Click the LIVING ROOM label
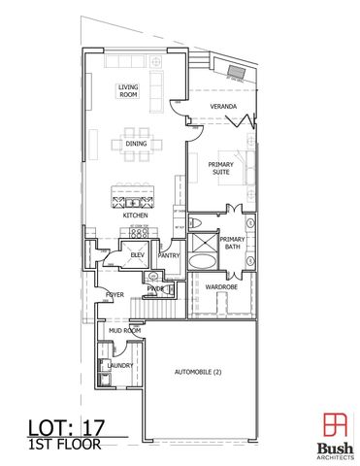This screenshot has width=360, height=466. [129, 92]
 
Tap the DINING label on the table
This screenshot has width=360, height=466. [135, 146]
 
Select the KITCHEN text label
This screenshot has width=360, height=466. [134, 216]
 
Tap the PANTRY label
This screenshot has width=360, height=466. [169, 255]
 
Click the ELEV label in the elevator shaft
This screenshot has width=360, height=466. [124, 255]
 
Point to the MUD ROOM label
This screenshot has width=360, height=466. [124, 331]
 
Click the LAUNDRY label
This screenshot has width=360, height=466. [120, 366]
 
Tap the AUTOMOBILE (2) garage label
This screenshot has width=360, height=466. [197, 373]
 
